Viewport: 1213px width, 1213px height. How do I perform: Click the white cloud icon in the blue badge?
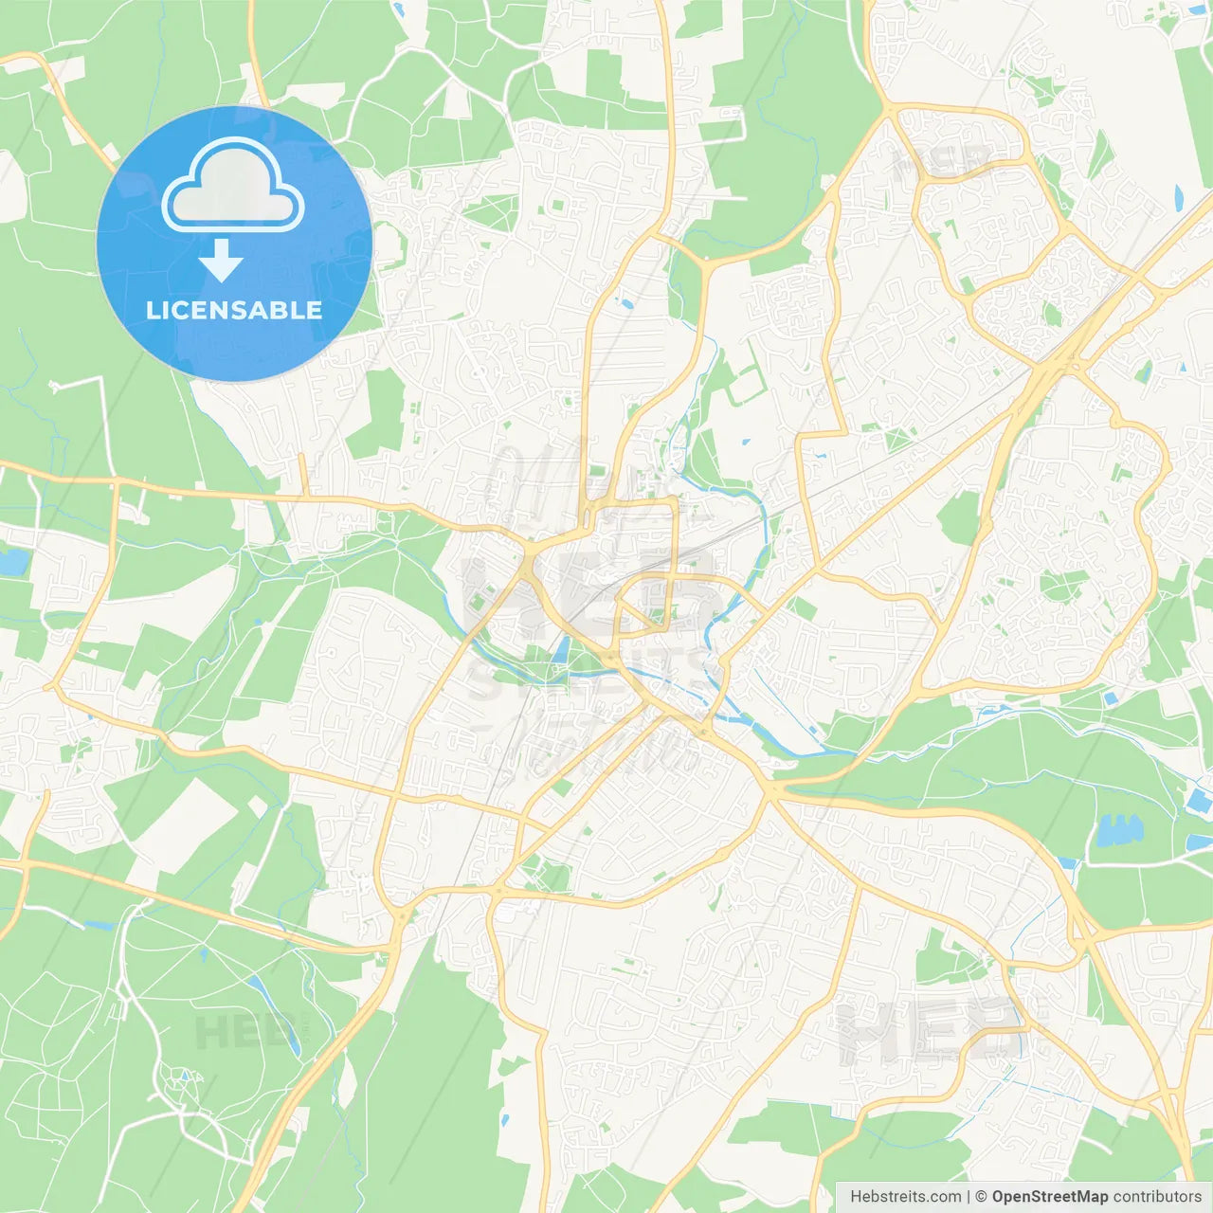click(233, 186)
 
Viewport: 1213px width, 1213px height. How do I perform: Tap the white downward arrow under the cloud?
click(222, 261)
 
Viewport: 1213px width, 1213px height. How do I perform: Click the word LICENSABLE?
click(234, 310)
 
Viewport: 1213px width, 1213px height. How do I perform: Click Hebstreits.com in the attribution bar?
click(905, 1197)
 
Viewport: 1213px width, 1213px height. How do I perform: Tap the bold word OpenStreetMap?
click(1049, 1197)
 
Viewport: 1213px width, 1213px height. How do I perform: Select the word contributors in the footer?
click(1157, 1197)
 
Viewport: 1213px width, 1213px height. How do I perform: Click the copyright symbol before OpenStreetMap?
click(981, 1197)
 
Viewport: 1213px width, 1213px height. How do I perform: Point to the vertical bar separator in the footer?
click(969, 1197)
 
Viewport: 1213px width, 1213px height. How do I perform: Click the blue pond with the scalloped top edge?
click(1118, 831)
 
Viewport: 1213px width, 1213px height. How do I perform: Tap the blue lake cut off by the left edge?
click(12, 562)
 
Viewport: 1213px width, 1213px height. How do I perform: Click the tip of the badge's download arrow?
click(222, 280)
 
